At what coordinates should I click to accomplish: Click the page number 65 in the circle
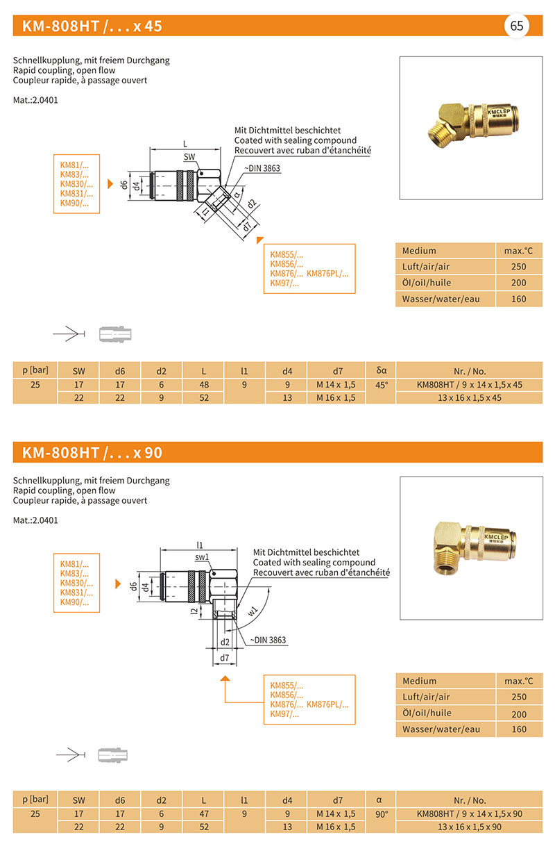coord(517,26)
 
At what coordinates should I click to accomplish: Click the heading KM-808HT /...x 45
coord(92,26)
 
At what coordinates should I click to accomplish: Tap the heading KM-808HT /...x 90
coord(92,452)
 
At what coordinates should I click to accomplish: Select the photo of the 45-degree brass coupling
coord(471,127)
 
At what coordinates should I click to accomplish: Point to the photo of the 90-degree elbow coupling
coord(471,547)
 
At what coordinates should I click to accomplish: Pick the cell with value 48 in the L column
coord(203,384)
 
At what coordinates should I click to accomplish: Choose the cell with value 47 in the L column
coord(203,813)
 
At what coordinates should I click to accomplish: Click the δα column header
coord(381,370)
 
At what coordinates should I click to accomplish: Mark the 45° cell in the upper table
coord(381,384)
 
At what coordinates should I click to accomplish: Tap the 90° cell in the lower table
coord(381,813)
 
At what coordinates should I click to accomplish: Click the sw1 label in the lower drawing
coord(202,557)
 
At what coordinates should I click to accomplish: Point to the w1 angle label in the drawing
coord(253,611)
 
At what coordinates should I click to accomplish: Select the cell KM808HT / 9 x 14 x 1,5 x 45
coord(469,384)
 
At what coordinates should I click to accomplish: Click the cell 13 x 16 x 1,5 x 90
coord(469,827)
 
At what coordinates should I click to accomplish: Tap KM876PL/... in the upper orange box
coord(327,274)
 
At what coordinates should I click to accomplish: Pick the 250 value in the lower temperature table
coord(519,697)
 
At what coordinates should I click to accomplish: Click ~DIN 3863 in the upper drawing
coord(262,168)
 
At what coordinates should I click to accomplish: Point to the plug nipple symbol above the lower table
coord(114,755)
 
